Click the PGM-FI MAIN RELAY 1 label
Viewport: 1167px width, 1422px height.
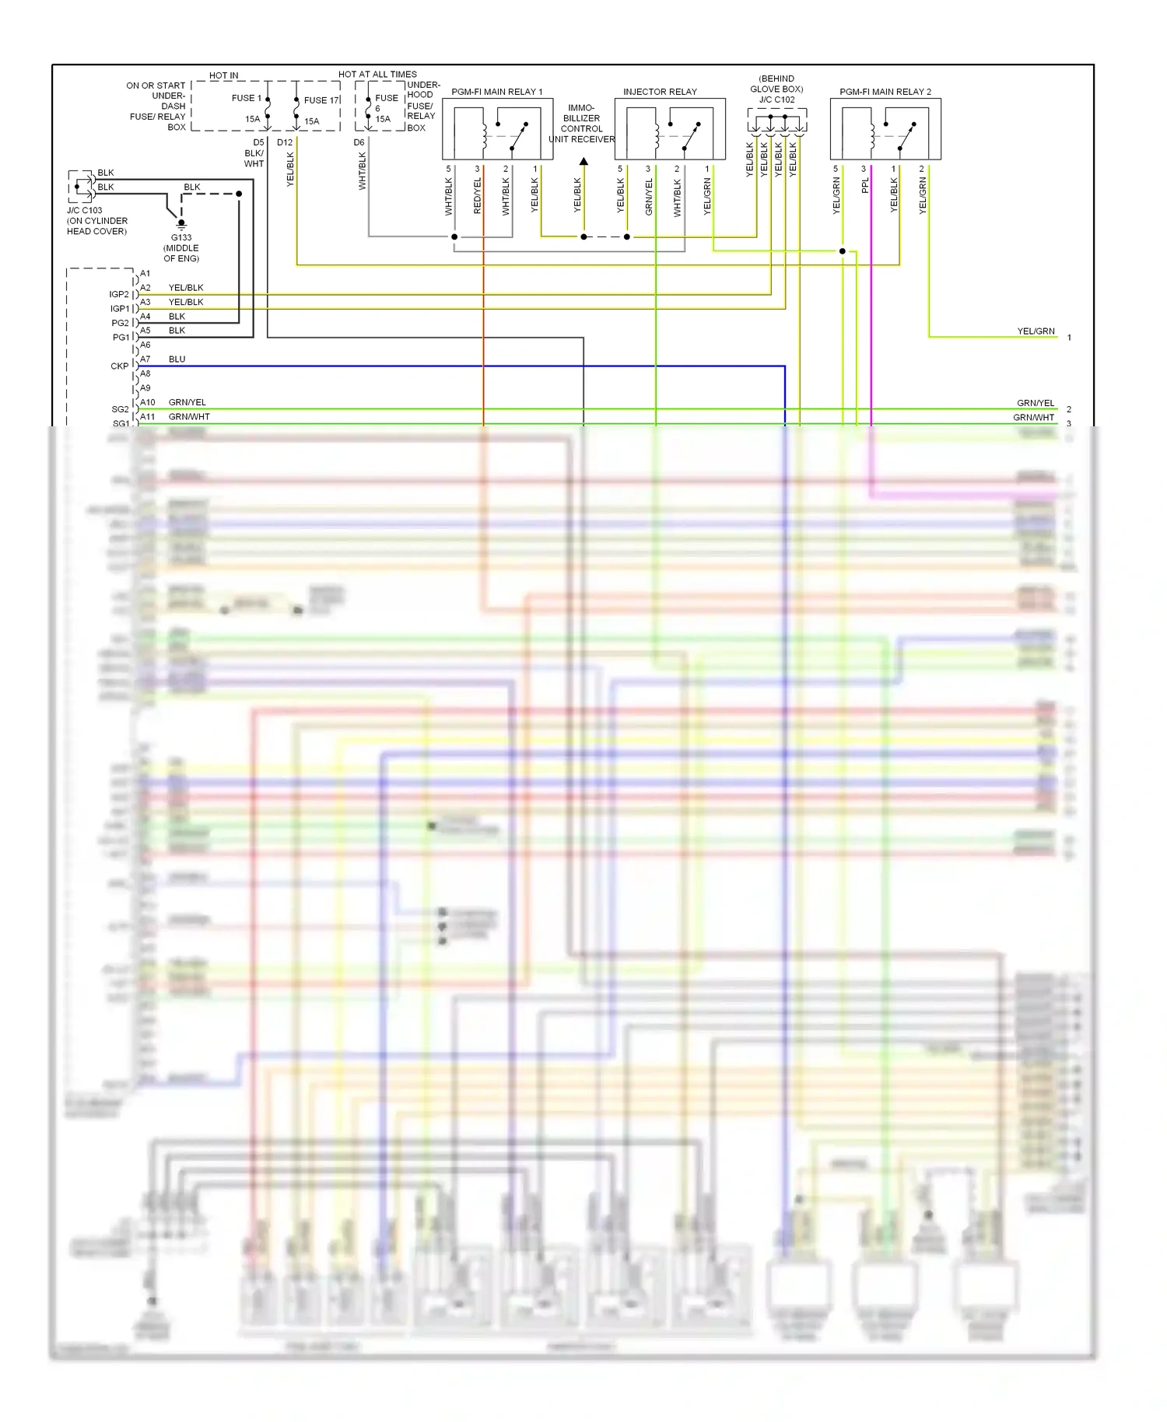pyautogui.click(x=496, y=92)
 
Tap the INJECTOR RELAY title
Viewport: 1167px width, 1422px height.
pyautogui.click(x=660, y=92)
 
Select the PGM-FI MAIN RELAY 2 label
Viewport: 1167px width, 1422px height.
pyautogui.click(x=885, y=92)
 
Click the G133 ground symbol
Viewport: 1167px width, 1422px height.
pyautogui.click(x=181, y=224)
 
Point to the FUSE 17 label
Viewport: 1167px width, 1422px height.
pyautogui.click(x=321, y=100)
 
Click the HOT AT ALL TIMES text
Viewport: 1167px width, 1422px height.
pyautogui.click(x=377, y=75)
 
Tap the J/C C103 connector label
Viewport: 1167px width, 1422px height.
pyautogui.click(x=84, y=211)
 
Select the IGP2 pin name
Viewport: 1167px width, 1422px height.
pyautogui.click(x=119, y=295)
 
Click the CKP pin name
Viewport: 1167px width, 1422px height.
pyautogui.click(x=120, y=366)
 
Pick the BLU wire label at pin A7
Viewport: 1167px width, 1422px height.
pyautogui.click(x=177, y=359)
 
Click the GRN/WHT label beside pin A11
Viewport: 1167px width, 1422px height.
pyautogui.click(x=189, y=417)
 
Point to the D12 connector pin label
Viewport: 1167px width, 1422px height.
pyautogui.click(x=285, y=142)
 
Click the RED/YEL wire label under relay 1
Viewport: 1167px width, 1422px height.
pyautogui.click(x=478, y=196)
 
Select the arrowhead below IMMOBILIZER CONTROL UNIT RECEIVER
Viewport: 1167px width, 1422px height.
pyautogui.click(x=583, y=162)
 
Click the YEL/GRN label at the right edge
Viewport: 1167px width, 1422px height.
pyautogui.click(x=1036, y=331)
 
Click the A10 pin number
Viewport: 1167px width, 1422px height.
pyautogui.click(x=147, y=403)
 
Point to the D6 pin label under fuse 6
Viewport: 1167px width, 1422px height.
pyautogui.click(x=359, y=142)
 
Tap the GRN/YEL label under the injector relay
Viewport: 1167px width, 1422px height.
pyautogui.click(x=649, y=197)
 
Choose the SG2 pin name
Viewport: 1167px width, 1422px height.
pyautogui.click(x=120, y=409)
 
